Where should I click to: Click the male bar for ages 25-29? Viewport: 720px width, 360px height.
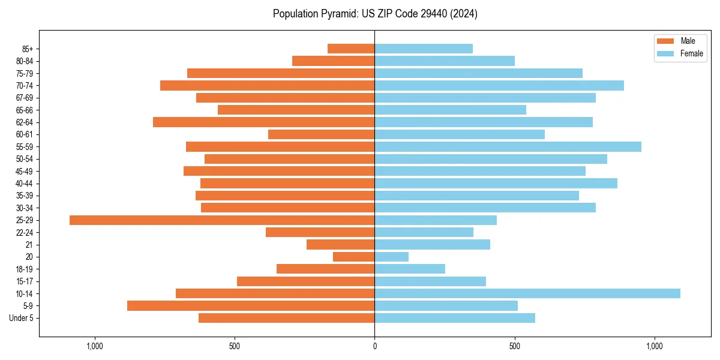click(x=222, y=220)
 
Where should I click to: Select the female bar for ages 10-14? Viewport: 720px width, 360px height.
click(x=527, y=293)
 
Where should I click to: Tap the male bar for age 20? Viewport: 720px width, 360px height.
click(x=353, y=257)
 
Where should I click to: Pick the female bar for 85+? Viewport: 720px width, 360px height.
click(x=424, y=49)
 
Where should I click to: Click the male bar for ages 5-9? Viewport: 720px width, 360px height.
click(x=251, y=306)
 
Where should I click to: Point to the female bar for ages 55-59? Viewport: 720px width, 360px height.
click(x=508, y=147)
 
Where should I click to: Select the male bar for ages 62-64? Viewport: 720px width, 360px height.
click(x=263, y=122)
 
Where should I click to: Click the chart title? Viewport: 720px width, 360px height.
click(x=375, y=14)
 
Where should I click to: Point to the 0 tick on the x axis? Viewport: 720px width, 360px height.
click(x=374, y=346)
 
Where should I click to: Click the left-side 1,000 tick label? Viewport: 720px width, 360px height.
click(x=95, y=346)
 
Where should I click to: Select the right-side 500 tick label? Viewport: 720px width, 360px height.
click(x=514, y=346)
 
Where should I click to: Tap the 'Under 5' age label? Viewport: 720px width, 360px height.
click(x=21, y=318)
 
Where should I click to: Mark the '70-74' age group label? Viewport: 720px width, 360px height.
click(x=25, y=86)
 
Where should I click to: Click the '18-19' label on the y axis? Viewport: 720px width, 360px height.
click(x=25, y=269)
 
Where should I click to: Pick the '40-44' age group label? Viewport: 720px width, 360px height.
click(x=25, y=184)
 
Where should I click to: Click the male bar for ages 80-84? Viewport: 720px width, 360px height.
click(x=333, y=61)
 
